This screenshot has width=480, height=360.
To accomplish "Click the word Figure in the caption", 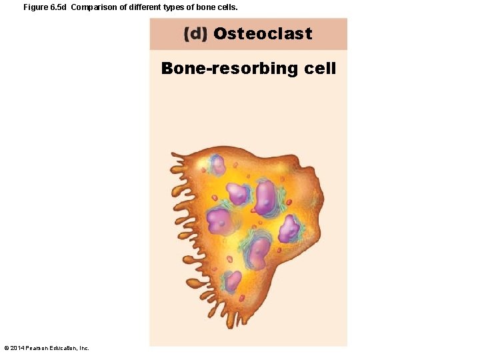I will [35, 7].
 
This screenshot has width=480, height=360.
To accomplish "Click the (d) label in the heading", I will [196, 34].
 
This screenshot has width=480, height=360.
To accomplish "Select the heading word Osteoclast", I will [263, 34].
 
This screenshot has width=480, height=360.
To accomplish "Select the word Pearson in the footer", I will [38, 348].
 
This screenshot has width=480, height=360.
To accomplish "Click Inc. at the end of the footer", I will [84, 348].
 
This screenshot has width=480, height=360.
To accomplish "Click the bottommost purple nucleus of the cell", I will [233, 281].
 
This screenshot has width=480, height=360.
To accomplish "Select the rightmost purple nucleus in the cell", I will [289, 229].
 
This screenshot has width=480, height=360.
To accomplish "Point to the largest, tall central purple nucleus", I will [266, 197].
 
